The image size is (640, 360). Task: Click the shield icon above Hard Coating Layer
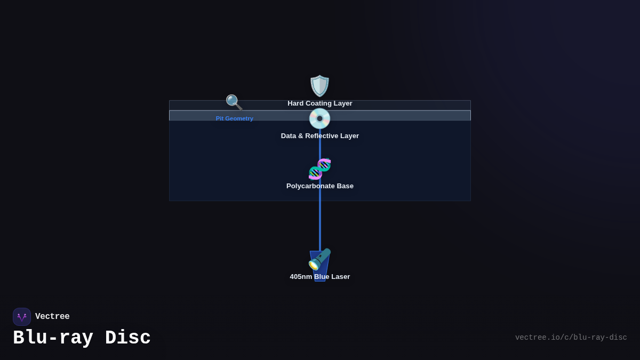point(320,86)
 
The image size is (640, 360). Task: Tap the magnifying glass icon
point(234,102)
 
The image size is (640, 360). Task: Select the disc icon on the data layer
point(320,118)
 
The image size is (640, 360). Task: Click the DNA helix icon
point(320,169)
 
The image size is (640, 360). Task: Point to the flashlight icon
point(319,260)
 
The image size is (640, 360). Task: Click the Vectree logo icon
point(22,317)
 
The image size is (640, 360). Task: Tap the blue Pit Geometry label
point(235,118)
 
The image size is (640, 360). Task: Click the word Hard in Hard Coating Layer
point(295,103)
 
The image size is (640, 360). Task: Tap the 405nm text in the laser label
point(301,277)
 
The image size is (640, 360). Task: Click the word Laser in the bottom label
point(340,277)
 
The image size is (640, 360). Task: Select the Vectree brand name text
point(52,317)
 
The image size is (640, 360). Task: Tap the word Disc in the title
point(128,338)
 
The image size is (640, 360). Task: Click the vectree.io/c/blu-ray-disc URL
point(571,338)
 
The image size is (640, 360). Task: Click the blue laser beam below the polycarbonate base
point(320,224)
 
